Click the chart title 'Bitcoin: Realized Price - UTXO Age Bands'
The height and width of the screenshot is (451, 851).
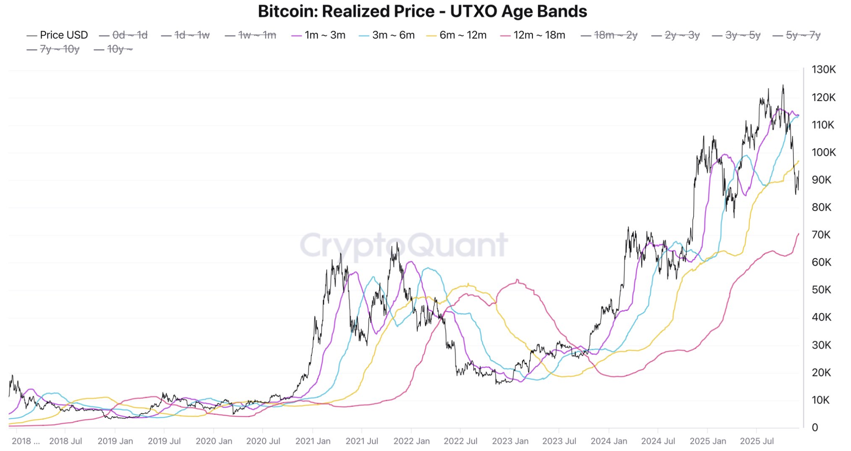(422, 12)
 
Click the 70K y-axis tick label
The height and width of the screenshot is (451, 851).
(821, 235)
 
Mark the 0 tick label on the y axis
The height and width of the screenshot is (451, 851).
(815, 428)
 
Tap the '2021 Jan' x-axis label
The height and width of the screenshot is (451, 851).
(313, 441)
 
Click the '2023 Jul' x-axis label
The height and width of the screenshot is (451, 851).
(559, 441)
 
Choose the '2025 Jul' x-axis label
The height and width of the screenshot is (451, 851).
(757, 441)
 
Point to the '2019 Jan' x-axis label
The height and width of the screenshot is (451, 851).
(115, 441)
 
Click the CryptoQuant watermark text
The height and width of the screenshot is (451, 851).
(404, 245)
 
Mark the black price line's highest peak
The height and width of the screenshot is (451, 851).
(783, 86)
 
